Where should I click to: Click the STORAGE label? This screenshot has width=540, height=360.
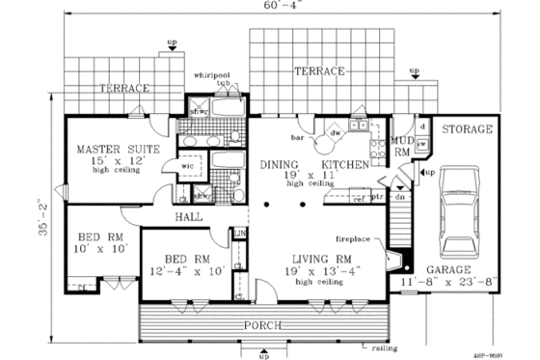[467, 128]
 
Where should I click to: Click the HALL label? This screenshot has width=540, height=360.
[188, 218]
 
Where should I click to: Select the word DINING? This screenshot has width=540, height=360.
[280, 166]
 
